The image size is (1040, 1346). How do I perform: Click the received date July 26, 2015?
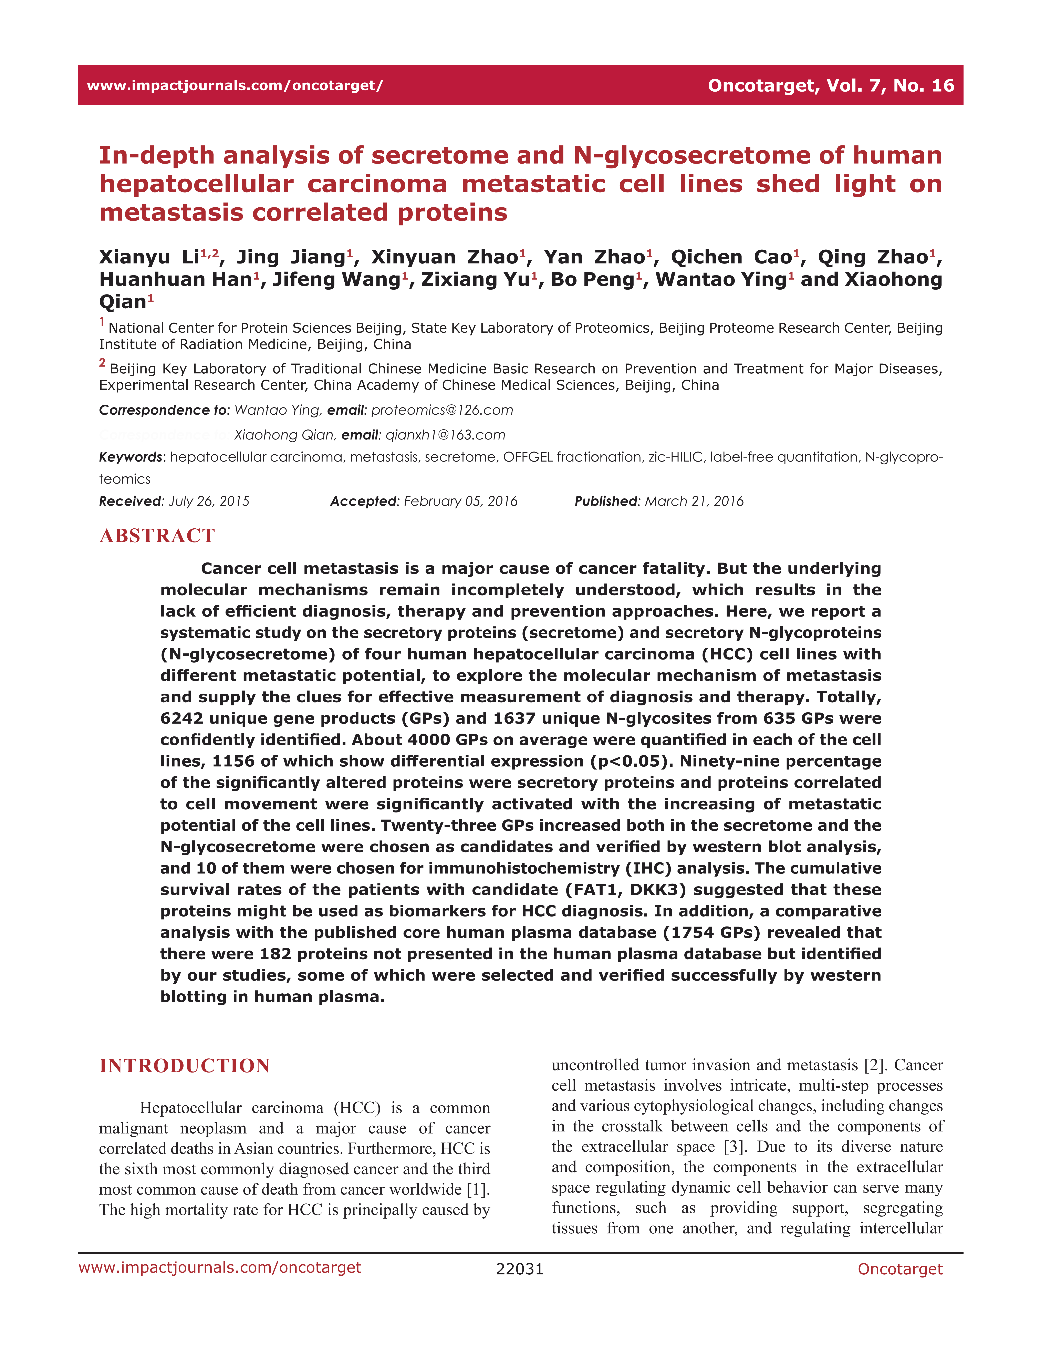[x=209, y=501]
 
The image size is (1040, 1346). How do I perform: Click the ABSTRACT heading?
[x=157, y=536]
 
